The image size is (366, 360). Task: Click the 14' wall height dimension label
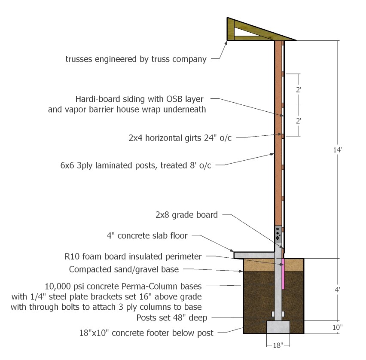click(x=337, y=149)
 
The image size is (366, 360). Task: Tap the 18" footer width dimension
click(x=278, y=345)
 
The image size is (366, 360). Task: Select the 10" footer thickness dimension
click(x=338, y=327)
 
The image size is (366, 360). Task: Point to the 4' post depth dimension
click(x=337, y=290)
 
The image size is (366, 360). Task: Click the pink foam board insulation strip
click(x=283, y=274)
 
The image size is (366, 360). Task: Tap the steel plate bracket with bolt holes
click(x=278, y=234)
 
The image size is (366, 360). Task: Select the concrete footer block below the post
click(x=278, y=327)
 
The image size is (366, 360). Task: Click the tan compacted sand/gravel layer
click(x=273, y=265)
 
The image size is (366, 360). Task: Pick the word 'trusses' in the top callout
click(x=79, y=59)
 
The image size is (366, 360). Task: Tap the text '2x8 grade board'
click(x=186, y=215)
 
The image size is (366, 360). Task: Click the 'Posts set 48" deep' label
click(x=172, y=318)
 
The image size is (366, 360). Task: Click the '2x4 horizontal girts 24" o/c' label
click(x=180, y=138)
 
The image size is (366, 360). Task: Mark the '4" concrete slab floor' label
click(x=147, y=236)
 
